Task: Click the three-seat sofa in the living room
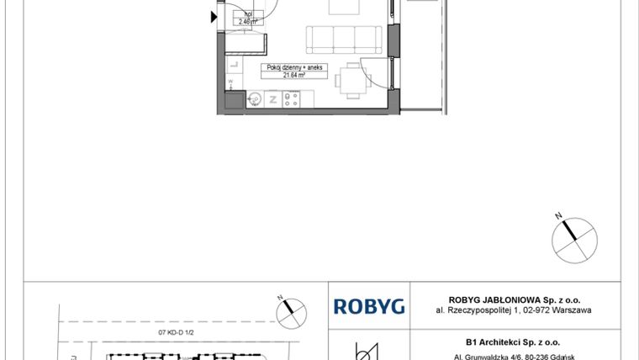pos(343,40)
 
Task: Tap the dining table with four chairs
pos(352,81)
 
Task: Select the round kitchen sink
pos(256,99)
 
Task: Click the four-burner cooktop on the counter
pos(293,99)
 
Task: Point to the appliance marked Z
pos(274,99)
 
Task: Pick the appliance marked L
pos(235,65)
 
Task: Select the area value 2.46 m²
pos(247,22)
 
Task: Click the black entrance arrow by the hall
pos(211,13)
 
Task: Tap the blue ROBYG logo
pos(369,306)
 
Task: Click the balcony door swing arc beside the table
pos(380,76)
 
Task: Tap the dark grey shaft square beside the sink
pos(233,102)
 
